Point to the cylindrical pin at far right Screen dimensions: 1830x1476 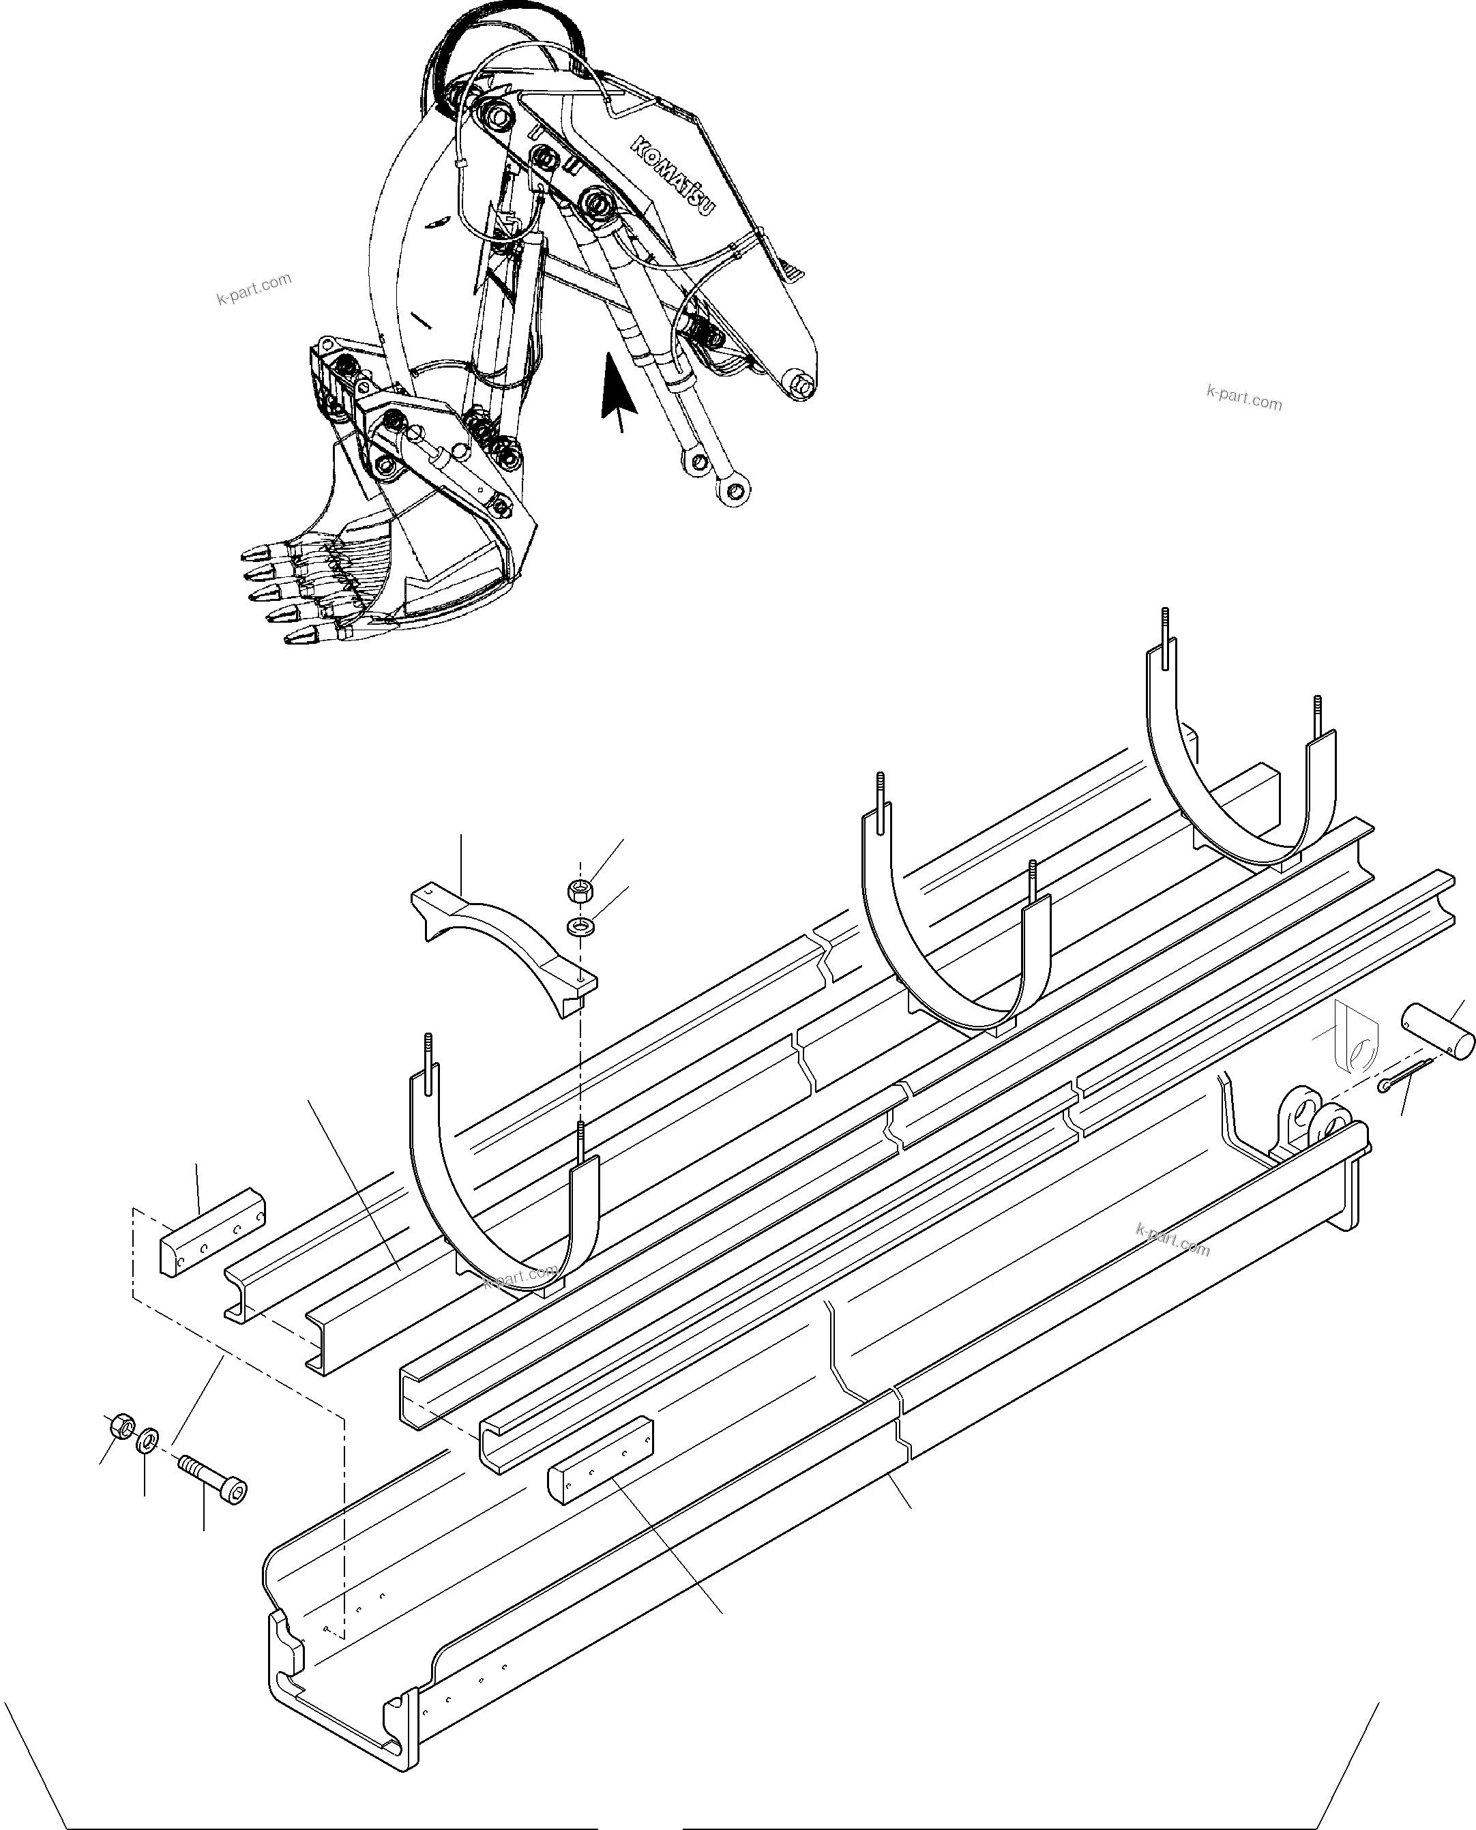[x=1438, y=1031]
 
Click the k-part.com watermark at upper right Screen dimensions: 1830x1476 [x=1244, y=397]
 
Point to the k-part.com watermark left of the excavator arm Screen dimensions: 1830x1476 [x=253, y=289]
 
